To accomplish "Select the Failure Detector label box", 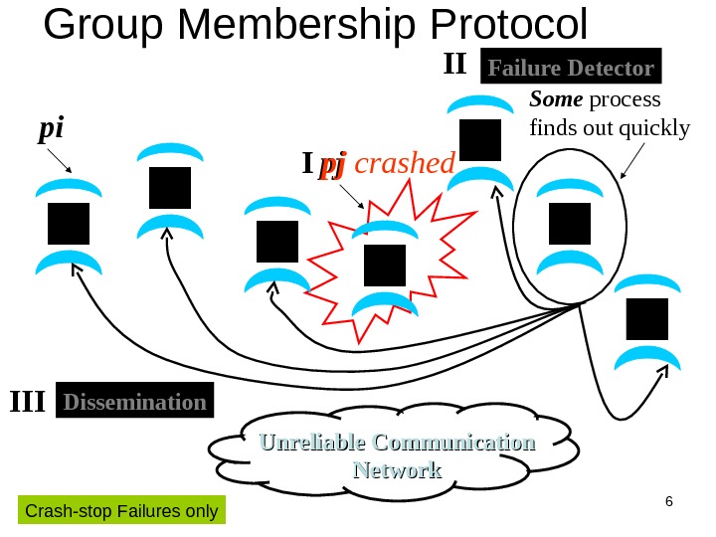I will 571,69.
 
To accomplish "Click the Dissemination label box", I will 135,402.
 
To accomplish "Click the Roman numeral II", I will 453,66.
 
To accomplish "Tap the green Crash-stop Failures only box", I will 121,511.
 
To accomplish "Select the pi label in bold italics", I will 50,129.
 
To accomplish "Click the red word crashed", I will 404,163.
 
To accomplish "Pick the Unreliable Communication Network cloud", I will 396,455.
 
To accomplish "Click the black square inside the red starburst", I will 385,265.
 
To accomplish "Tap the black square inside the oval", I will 570,222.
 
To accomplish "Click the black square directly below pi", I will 68,224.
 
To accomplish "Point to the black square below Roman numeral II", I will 480,140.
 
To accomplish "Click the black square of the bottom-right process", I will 646,319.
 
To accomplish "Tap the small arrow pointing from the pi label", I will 59,161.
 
